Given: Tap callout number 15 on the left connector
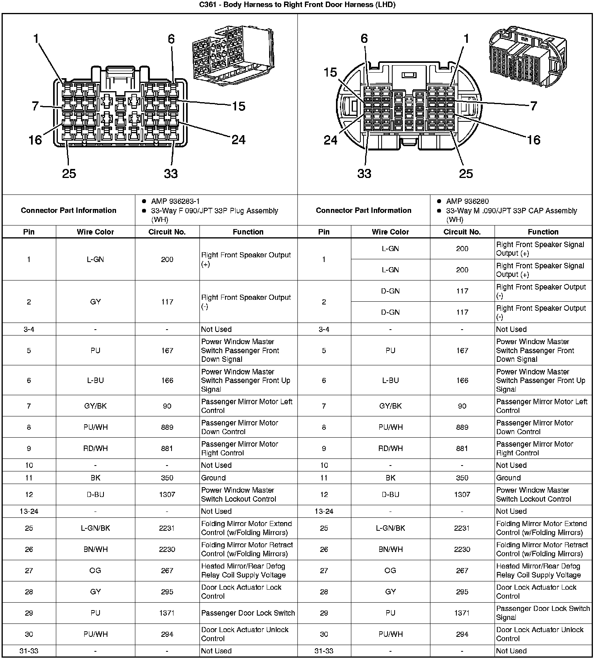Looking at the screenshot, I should (x=238, y=106).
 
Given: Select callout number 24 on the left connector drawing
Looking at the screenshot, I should (x=238, y=139).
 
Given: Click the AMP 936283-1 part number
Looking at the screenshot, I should (x=175, y=201).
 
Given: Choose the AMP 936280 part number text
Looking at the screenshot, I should (x=467, y=201).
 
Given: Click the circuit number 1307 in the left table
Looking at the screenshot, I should (x=167, y=494).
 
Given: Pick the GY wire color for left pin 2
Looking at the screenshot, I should (x=95, y=302).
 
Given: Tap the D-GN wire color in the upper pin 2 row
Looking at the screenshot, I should (x=390, y=291).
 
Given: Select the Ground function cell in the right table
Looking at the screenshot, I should (x=508, y=478).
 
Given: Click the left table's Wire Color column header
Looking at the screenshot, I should (x=95, y=232).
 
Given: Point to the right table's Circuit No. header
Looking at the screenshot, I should (x=462, y=232).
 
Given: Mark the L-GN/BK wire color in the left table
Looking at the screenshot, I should (x=95, y=528).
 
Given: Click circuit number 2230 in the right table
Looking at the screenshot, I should (x=462, y=549).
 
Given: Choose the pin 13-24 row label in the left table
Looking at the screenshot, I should (x=29, y=511).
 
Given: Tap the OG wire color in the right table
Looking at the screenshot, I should (x=390, y=570).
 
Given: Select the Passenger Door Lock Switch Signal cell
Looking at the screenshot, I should (x=543, y=613).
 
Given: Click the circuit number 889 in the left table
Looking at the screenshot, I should (x=167, y=427).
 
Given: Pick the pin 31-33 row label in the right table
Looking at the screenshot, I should (x=324, y=651).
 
